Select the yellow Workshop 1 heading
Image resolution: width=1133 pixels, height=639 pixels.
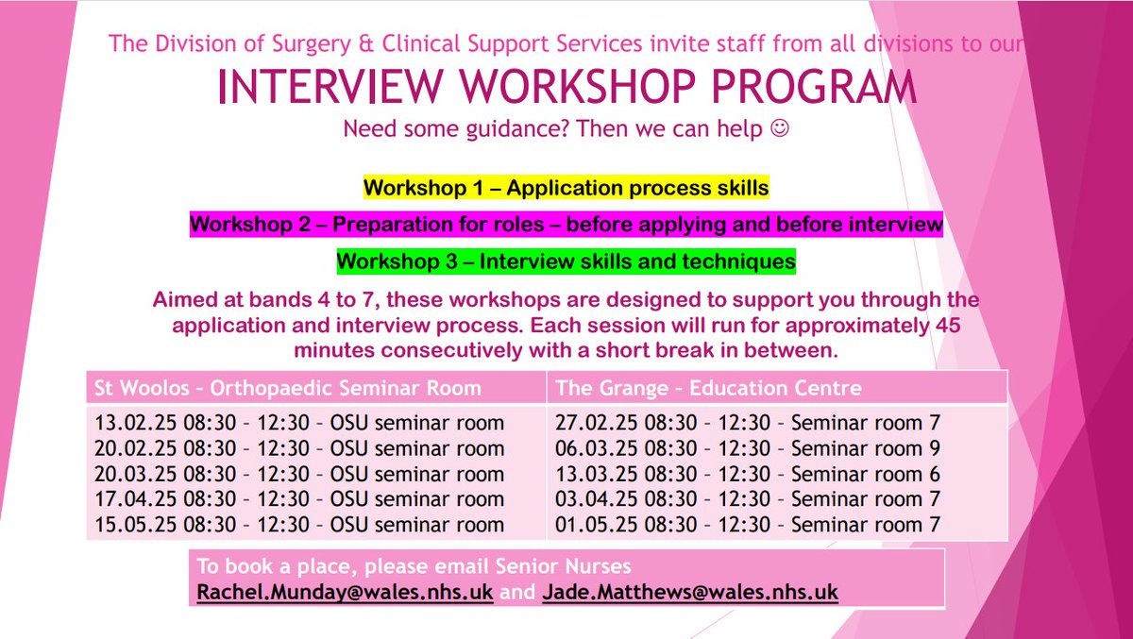tap(566, 188)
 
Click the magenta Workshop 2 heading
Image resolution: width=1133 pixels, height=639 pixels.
tap(566, 225)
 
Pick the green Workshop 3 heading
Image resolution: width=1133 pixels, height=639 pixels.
tap(566, 261)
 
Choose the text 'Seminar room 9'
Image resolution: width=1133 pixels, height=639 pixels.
tap(866, 448)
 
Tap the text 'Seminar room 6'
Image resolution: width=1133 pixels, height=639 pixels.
tap(866, 474)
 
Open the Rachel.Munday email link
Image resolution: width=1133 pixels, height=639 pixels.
tap(344, 593)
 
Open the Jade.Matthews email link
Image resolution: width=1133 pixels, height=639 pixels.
tap(690, 593)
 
